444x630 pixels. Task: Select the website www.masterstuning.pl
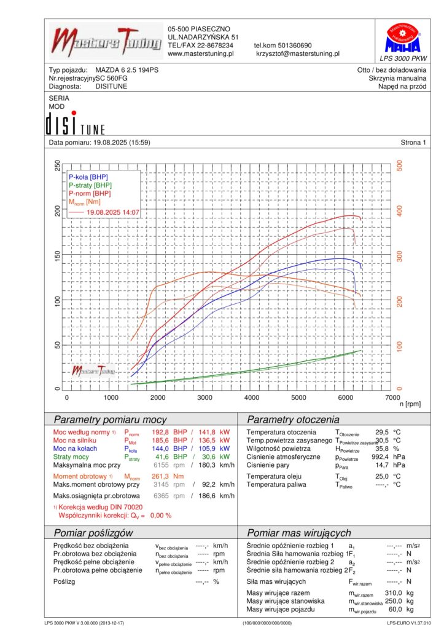[201, 54]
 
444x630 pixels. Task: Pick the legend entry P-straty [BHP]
[90, 185]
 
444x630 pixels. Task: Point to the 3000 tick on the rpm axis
[205, 397]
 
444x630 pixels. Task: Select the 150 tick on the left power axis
[58, 255]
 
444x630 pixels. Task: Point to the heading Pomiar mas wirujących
[298, 533]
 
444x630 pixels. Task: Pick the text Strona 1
[413, 143]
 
